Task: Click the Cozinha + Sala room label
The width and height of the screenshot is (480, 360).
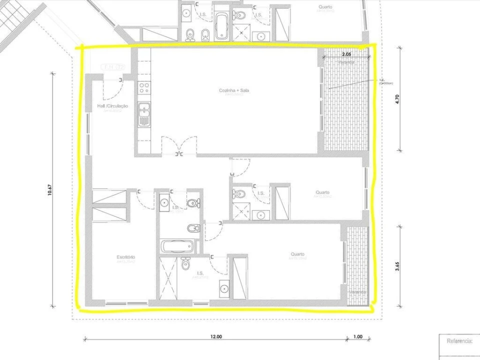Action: point(234,90)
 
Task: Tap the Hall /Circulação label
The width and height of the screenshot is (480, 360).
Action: point(112,106)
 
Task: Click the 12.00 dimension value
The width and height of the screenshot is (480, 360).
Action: point(215,337)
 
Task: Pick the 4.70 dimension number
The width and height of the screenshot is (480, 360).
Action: point(397,98)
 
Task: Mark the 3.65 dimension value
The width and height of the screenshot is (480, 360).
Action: point(397,266)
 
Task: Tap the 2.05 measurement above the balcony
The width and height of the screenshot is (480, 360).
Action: point(346,53)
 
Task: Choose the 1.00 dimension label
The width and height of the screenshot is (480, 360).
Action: point(357,337)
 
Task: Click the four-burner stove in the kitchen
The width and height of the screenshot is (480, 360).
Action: point(144,88)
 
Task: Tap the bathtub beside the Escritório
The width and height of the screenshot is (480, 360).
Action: point(177,246)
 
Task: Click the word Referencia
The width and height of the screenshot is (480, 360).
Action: point(459,341)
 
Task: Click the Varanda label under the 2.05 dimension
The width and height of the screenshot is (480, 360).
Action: point(346,62)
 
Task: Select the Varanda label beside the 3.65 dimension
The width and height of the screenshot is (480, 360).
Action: point(357,292)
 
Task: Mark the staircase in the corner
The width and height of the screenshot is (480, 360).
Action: point(15,15)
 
